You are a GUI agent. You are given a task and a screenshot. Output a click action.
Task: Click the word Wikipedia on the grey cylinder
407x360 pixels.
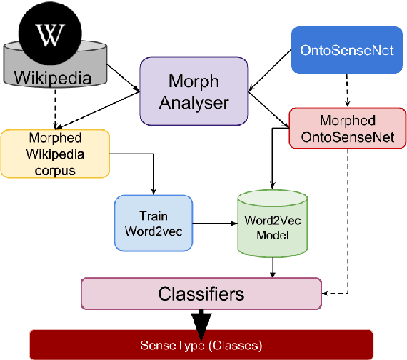[x=54, y=76]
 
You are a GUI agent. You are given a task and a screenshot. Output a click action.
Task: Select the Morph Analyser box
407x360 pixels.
[x=193, y=91]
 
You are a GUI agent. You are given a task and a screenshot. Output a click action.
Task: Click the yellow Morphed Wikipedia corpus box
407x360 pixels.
[x=55, y=153]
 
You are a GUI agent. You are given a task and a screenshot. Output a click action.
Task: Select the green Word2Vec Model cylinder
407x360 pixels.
[x=271, y=224]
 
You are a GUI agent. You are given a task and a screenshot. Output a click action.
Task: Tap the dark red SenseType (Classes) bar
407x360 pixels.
[x=201, y=345]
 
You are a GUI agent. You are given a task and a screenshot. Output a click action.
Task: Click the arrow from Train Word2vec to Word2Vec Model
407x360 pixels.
[x=214, y=223]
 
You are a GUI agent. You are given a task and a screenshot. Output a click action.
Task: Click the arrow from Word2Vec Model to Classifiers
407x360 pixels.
[x=272, y=269]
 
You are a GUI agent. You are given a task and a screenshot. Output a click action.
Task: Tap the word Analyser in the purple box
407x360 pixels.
[x=193, y=102]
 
